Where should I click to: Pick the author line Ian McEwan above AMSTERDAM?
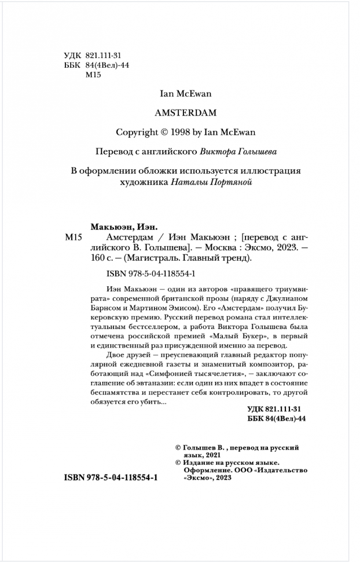point(180,92)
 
